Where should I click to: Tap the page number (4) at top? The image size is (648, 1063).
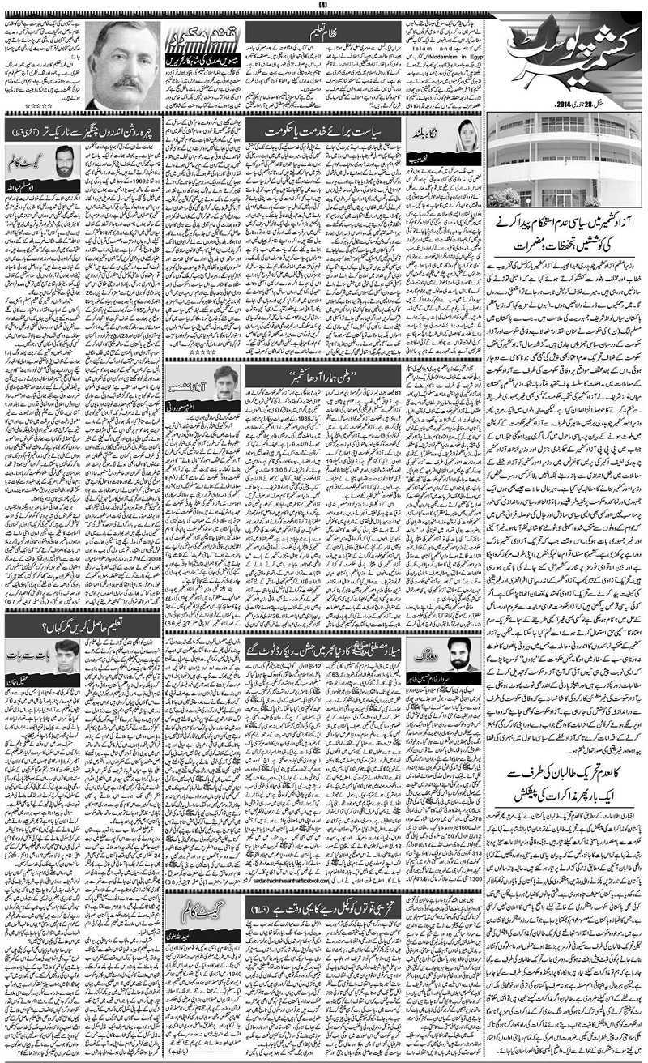click(x=322, y=6)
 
